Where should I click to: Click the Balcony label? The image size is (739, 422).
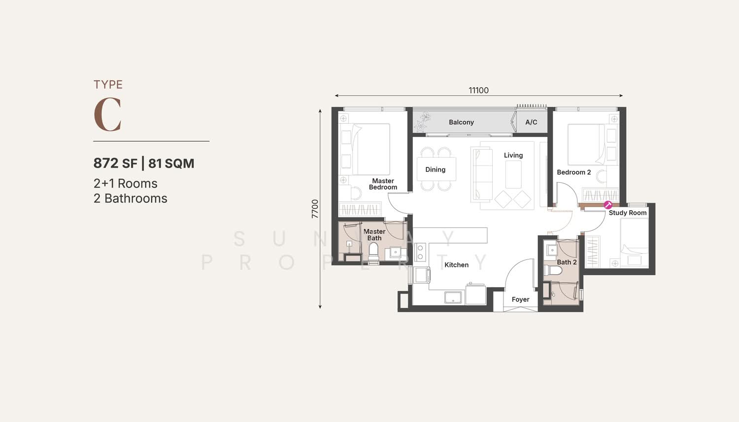pos(461,122)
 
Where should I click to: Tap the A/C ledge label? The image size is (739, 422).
pos(531,122)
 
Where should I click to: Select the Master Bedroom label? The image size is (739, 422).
pos(383,184)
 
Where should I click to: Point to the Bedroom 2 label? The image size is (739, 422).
pos(574,172)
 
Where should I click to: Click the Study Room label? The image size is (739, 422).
pos(628,213)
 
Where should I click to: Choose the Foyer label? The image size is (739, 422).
pos(520,299)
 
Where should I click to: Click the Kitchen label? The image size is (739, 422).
pos(456,265)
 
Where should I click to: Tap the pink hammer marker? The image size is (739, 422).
pos(607,205)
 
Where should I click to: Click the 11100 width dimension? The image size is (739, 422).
pos(479,90)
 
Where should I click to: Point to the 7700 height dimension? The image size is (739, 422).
pos(315,209)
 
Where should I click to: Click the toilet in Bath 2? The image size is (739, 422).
pos(553,271)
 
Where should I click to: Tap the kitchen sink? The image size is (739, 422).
pos(454,297)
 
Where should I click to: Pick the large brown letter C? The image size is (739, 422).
pos(107,114)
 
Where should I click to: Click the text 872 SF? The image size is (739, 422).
pos(115,163)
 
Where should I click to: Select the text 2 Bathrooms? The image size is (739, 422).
pos(131,198)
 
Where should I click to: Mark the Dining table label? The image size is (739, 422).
pos(435,169)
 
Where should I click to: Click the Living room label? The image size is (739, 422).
pos(513,155)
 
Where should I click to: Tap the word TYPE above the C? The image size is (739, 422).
pos(108,85)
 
